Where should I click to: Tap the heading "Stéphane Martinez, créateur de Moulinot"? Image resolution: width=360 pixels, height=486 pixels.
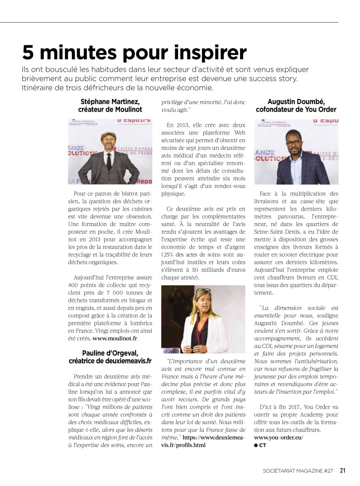[110, 105]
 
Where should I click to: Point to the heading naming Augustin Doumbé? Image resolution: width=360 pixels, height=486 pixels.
[296, 105]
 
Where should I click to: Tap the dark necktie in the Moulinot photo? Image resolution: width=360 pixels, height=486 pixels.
[109, 161]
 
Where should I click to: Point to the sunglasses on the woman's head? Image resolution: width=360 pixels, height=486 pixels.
[203, 290]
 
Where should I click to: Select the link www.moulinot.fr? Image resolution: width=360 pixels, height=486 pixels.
[115, 337]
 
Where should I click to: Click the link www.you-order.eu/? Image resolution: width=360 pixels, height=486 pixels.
[279, 438]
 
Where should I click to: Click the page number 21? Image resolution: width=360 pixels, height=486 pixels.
[343, 471]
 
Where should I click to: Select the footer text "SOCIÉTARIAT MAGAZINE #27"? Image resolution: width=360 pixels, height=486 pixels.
[298, 471]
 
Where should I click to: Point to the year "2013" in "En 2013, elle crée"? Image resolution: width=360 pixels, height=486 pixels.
[182, 125]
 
